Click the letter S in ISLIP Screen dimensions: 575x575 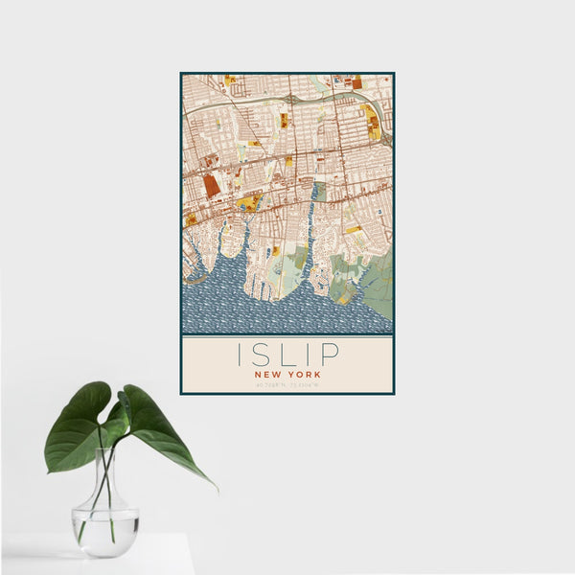[x=260, y=355]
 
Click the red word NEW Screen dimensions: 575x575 [x=267, y=375]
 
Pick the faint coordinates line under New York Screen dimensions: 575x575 [x=287, y=384]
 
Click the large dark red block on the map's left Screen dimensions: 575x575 [x=212, y=185]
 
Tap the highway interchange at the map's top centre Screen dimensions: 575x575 [x=290, y=100]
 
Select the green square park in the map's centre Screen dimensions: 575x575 [x=320, y=193]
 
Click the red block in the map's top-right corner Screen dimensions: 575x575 [x=357, y=83]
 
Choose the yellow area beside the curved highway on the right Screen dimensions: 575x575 [x=370, y=123]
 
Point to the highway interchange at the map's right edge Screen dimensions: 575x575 [x=385, y=139]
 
